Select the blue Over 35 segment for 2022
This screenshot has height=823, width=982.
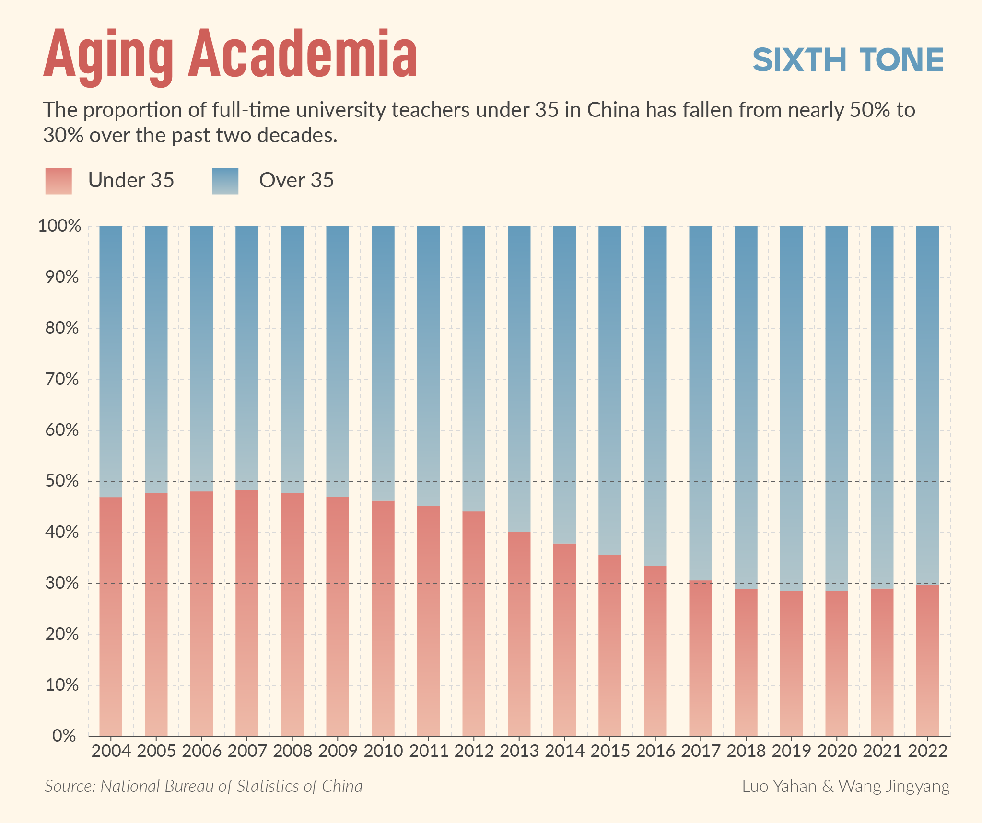click(x=927, y=405)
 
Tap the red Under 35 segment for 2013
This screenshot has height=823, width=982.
click(x=519, y=633)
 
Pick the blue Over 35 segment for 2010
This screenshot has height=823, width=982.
click(x=383, y=363)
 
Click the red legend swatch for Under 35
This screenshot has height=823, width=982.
click(x=58, y=181)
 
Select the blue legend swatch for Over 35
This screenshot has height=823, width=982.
click(x=225, y=181)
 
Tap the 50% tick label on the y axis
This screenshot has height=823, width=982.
click(x=62, y=481)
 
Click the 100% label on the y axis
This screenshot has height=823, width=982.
click(x=59, y=226)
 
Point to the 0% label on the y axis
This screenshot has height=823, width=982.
click(x=64, y=735)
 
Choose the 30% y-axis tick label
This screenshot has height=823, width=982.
click(x=62, y=583)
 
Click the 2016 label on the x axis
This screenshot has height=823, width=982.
click(x=655, y=751)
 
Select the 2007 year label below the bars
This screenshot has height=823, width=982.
click(x=247, y=751)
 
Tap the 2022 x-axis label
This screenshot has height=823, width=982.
click(x=928, y=751)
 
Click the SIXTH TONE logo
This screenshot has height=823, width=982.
click(x=848, y=60)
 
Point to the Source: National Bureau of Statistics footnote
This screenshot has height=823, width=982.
click(x=203, y=787)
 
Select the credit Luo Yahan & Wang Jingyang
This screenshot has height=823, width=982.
click(x=846, y=787)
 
